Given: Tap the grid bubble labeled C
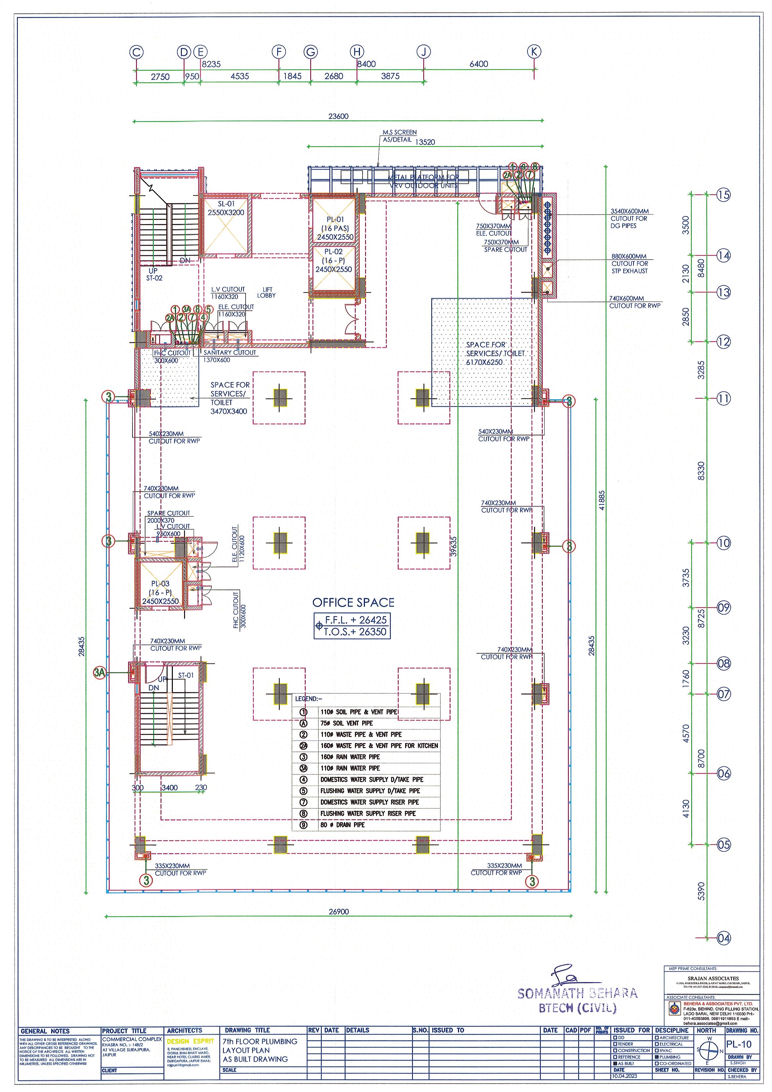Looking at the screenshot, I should (x=136, y=52).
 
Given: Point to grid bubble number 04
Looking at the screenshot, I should (x=723, y=938).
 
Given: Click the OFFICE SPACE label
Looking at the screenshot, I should (x=353, y=603).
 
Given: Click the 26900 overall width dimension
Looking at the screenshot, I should (x=338, y=912).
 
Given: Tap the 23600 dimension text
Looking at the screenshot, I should (x=338, y=116).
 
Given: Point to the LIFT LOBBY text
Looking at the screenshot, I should (x=266, y=293).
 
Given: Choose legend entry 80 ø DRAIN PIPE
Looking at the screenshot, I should (x=342, y=825).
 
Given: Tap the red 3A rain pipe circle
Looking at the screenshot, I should (x=99, y=672).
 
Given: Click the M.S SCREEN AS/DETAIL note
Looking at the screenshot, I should (x=399, y=136).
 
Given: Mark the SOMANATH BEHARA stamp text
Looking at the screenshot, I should (x=577, y=993).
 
